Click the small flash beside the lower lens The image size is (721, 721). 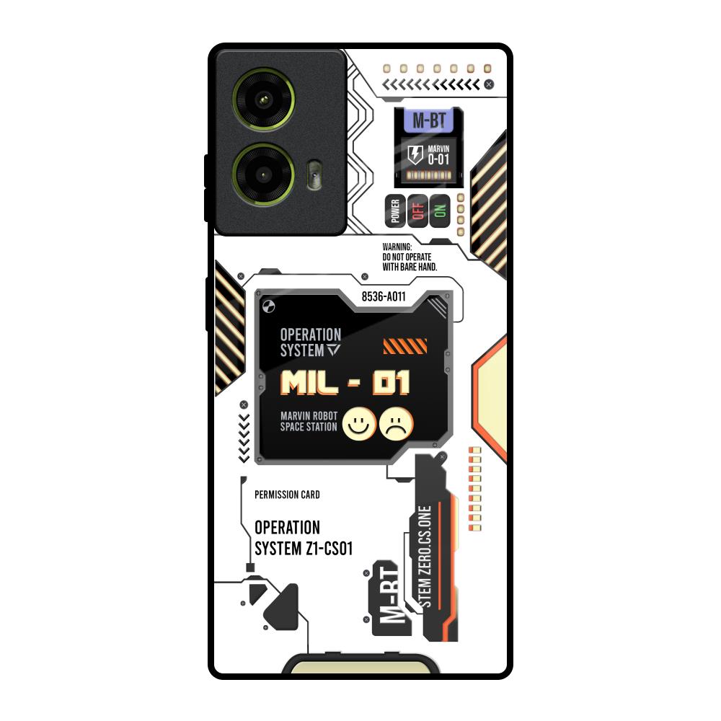pos(312,175)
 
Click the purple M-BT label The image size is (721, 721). pos(428,120)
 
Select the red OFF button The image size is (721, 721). pos(417,211)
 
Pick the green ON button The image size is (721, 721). pos(439,211)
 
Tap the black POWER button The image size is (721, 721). pos(394,211)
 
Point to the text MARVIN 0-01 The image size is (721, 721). pos(438,155)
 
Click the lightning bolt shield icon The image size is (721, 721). pos(415,154)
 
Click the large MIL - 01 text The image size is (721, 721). pos(345,383)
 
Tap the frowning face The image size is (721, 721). pos(396,423)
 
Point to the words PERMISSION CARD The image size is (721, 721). pos(287,495)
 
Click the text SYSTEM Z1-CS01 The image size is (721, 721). pos(304,549)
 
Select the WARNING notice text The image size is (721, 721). pos(410,257)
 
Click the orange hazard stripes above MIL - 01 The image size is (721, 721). pos(405,347)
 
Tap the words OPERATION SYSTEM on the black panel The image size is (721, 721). pos(311,342)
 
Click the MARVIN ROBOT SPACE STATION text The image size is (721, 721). pos(309,421)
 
